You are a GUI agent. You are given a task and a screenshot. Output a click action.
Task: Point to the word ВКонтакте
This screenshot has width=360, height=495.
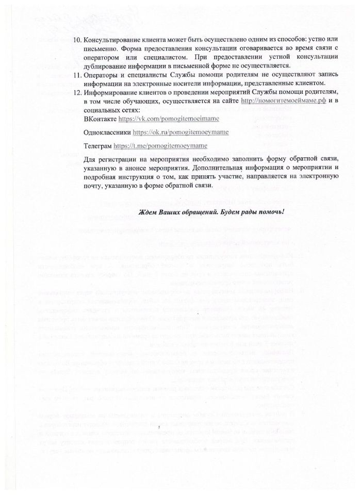(99, 119)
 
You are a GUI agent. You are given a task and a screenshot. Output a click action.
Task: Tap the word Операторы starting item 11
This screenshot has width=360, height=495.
(102, 75)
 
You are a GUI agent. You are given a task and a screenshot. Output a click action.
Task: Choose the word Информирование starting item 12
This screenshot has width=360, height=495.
(109, 93)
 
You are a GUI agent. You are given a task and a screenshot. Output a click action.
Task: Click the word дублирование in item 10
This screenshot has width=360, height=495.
(105, 65)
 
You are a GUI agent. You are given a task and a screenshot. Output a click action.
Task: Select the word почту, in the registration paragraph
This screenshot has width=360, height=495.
(93, 185)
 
